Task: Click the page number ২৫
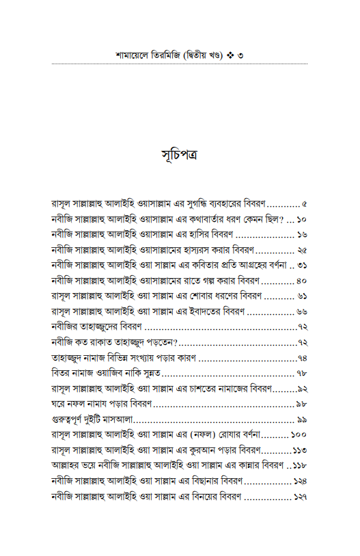coord(302,250)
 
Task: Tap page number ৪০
coord(302,281)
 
